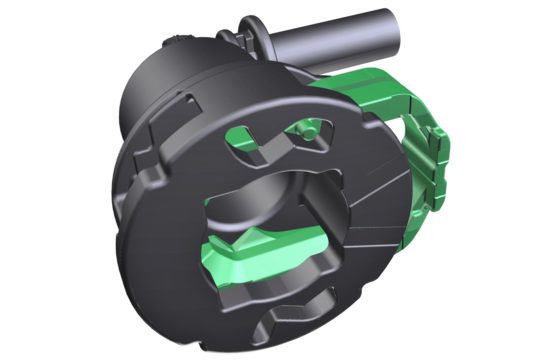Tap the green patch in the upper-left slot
[x=241, y=140]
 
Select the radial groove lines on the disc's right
[x=385, y=190]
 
